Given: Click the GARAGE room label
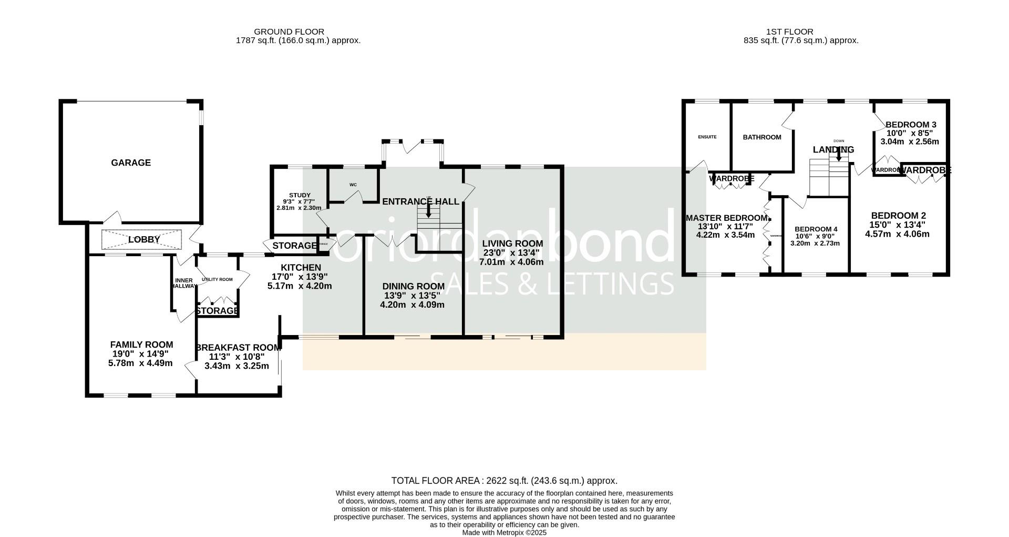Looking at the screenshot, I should (131, 163).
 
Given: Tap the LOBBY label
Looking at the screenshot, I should (144, 240).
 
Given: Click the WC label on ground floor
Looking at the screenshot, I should (353, 185).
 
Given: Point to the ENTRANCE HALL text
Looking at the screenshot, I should (420, 201).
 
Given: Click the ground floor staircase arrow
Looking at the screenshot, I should (429, 210).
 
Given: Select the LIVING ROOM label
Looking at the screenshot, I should (512, 244).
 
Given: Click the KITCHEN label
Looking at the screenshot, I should (300, 268).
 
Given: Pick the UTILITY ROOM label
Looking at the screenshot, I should (217, 279).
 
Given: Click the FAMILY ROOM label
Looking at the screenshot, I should (141, 345).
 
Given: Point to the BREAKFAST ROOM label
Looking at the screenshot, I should (238, 348).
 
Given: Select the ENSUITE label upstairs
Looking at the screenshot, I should (707, 137).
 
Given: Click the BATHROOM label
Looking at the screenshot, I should (761, 137).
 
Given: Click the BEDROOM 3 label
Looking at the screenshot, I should (910, 125).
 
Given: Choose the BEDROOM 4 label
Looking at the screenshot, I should (816, 229).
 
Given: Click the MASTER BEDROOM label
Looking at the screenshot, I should (726, 218).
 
